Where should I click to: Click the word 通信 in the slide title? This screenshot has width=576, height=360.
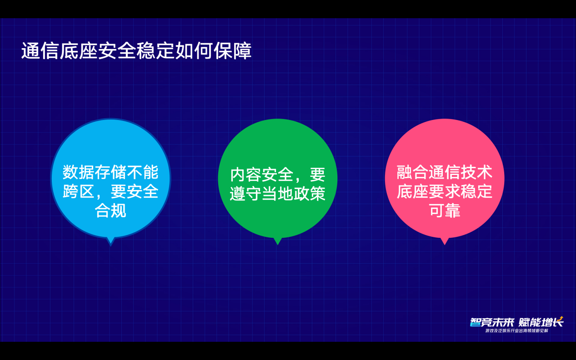click(40, 50)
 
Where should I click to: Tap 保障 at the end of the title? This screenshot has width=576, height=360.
click(233, 50)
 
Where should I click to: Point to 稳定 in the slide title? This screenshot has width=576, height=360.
click(156, 50)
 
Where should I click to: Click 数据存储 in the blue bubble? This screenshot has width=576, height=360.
click(95, 172)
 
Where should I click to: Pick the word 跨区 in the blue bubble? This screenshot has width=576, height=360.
click(78, 191)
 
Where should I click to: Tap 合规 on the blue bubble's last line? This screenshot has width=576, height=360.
click(110, 210)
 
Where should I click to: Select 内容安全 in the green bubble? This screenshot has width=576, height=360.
click(262, 175)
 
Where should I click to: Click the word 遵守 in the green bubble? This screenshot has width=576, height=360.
click(245, 194)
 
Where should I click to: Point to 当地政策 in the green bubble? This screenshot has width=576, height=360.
click(294, 194)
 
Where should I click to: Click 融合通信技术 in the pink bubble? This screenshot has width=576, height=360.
click(444, 172)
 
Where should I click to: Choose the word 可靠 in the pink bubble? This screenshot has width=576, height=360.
click(445, 210)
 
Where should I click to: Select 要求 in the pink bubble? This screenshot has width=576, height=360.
click(444, 191)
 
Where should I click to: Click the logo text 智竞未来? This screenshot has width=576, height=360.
click(492, 322)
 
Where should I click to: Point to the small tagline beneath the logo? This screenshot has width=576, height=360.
click(517, 331)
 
